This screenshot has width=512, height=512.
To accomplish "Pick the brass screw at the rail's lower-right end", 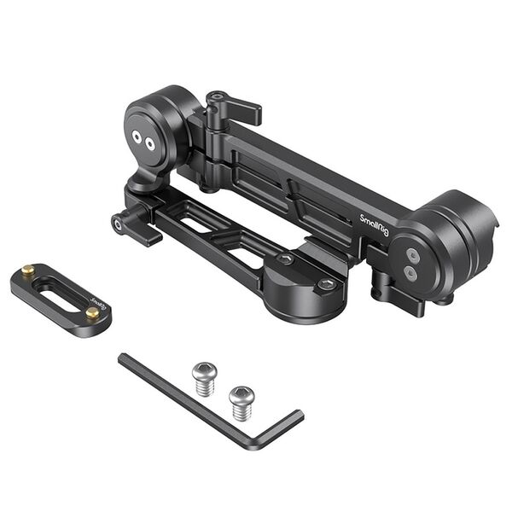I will click(91, 313).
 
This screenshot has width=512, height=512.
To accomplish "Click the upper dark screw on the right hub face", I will click(413, 254).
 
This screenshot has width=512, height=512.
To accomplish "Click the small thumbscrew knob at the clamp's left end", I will click(118, 224).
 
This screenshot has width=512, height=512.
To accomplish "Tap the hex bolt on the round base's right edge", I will click(325, 284).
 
